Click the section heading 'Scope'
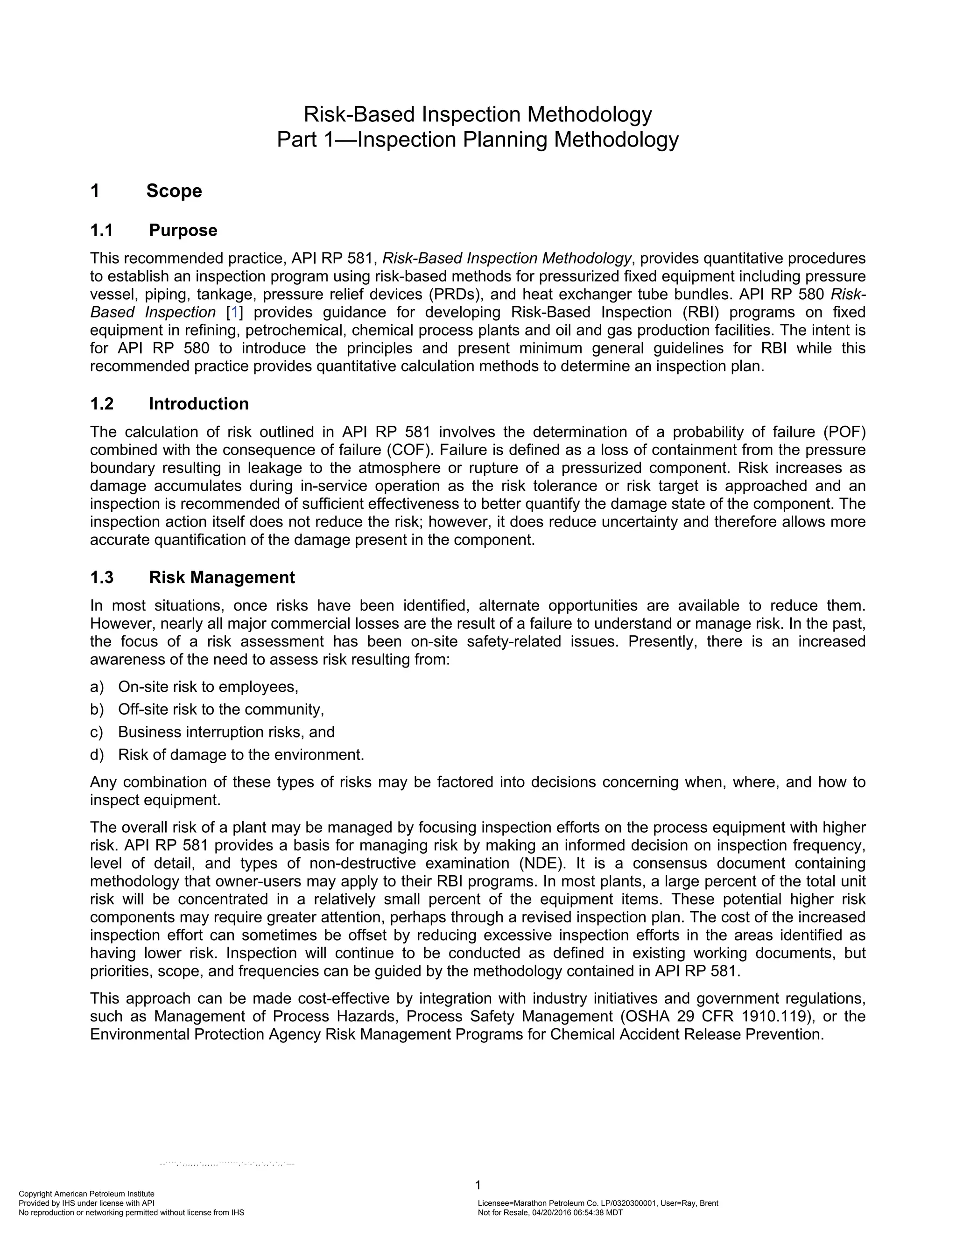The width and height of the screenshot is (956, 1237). coord(174,191)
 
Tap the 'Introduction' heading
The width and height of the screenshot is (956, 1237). coord(198,404)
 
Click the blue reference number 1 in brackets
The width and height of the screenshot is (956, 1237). coord(234,312)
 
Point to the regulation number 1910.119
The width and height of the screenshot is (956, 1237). coord(773,1016)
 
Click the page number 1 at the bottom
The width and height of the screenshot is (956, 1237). coord(478,1185)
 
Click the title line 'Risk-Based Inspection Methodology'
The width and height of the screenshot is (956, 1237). coord(478,114)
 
